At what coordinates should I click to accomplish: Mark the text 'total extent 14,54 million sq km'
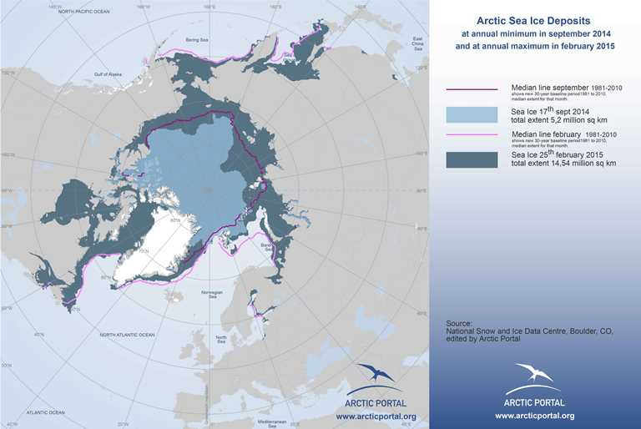click(563, 164)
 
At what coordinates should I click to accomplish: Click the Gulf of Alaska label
click(109, 76)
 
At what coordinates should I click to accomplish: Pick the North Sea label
click(221, 339)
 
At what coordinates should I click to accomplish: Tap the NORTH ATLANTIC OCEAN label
click(127, 335)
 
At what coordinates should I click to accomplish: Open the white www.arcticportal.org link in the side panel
click(533, 415)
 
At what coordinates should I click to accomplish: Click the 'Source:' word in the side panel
click(459, 323)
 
